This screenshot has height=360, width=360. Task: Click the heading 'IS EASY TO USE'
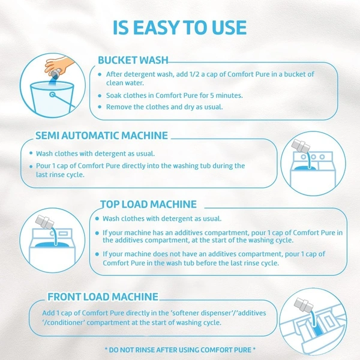[x=180, y=28]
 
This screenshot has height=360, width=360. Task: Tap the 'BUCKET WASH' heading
[x=133, y=60]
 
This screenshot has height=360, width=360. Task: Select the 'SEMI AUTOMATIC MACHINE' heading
[x=101, y=136]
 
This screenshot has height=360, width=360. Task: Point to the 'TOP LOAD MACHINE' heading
[x=148, y=204]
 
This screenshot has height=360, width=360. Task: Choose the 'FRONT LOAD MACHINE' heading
[x=103, y=296]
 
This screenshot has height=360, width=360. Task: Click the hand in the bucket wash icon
[x=59, y=65]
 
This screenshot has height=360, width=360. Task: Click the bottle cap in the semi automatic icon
[x=300, y=145]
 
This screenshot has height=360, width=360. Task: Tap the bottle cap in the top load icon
[x=44, y=222]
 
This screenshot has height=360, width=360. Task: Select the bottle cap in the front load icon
[x=304, y=305]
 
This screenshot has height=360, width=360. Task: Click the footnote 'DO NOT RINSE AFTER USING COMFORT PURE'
[x=180, y=350]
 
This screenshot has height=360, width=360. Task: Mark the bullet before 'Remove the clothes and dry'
[x=100, y=107]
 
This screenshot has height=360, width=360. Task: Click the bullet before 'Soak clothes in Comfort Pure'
[x=100, y=95]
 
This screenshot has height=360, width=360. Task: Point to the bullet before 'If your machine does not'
[x=97, y=254]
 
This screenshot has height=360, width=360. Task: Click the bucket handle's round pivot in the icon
[x=53, y=94]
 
